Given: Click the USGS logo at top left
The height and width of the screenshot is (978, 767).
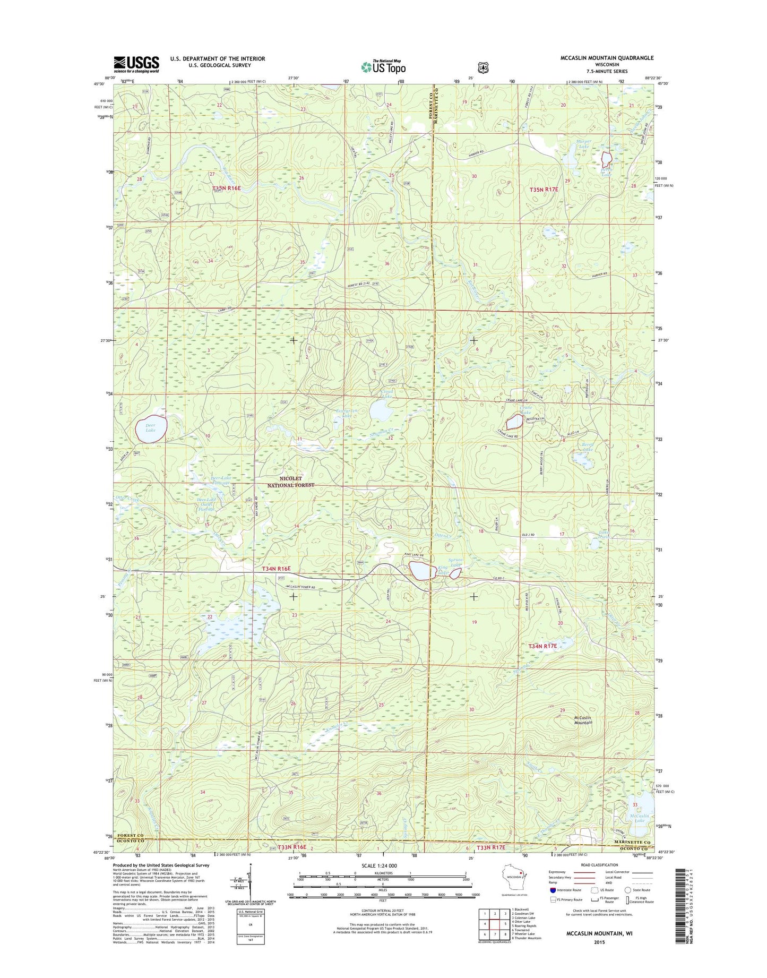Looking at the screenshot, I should [136, 64].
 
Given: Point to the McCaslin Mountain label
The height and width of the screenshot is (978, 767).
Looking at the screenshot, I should [587, 720].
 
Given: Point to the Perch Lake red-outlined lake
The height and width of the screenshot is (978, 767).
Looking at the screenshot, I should [606, 158].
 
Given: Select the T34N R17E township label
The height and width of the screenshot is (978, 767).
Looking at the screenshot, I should [542, 646].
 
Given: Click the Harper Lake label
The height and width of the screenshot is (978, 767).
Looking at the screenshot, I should [583, 144].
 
